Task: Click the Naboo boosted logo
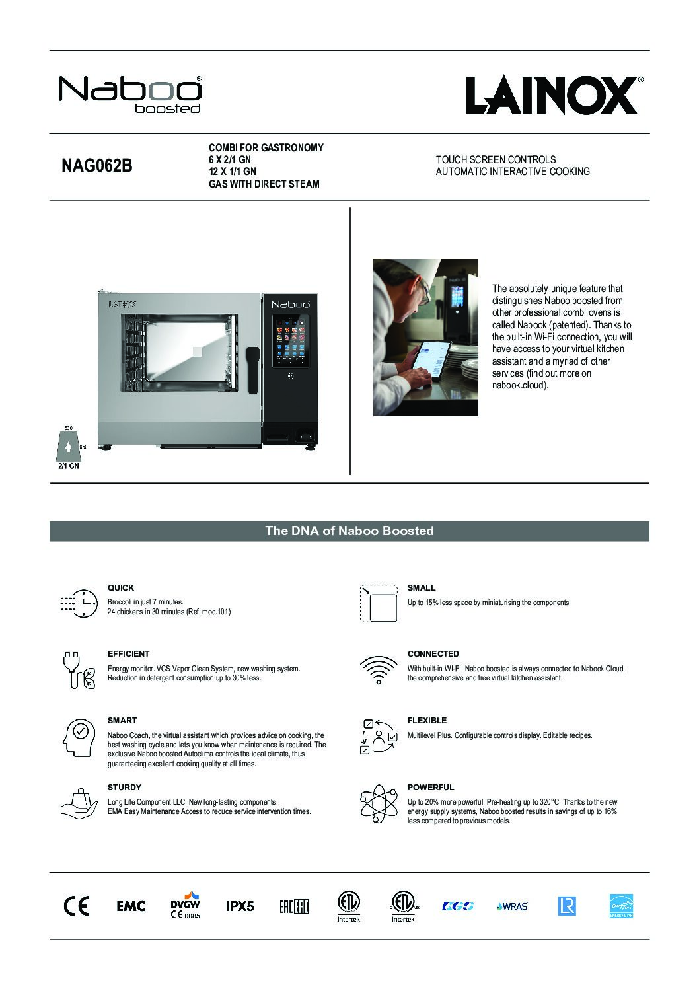point(130,94)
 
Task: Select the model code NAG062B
point(96,166)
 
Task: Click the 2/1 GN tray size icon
point(69,449)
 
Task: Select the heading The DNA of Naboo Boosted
point(349,531)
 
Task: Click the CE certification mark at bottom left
point(76,906)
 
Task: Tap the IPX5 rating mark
point(240,906)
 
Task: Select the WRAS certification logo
point(512,906)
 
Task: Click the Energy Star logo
point(621,906)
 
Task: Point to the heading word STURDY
point(124,788)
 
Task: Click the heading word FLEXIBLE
point(427,721)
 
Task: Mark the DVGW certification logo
point(185,905)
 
